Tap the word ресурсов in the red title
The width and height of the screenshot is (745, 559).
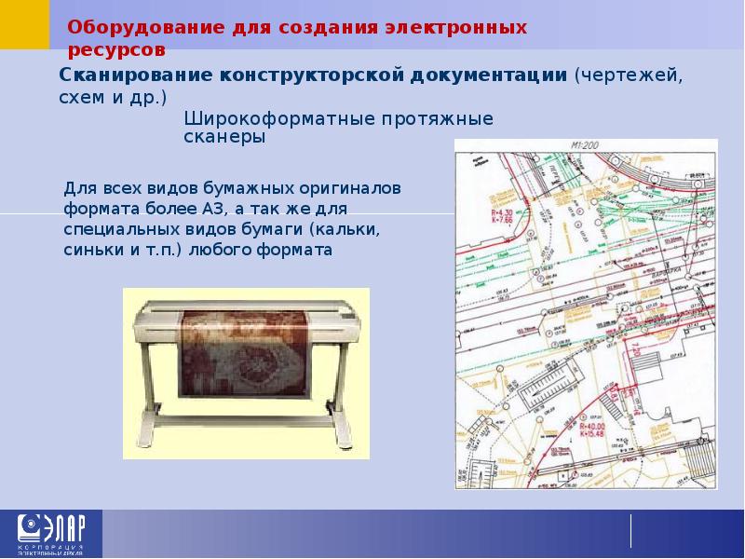(117, 49)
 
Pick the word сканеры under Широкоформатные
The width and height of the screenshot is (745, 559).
(224, 138)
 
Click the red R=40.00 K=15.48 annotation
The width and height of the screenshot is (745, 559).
(591, 428)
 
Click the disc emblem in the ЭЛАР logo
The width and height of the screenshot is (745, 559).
(25, 527)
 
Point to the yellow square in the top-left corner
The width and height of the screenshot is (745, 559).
(25, 24)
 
